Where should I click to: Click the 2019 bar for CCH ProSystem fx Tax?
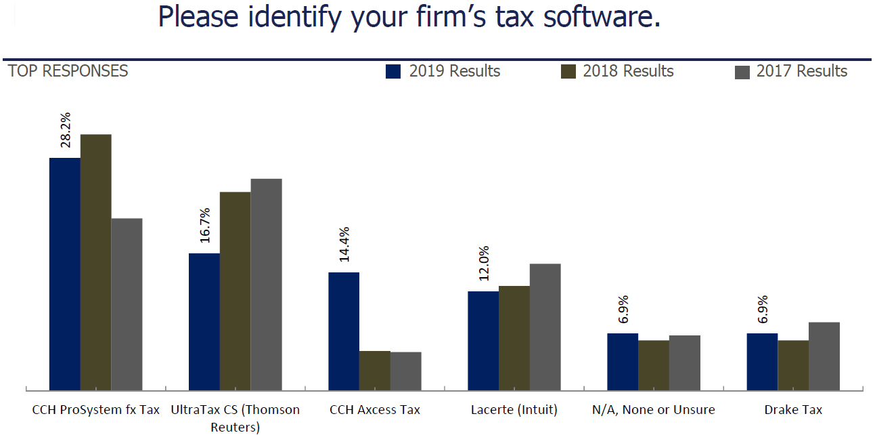tap(65, 274)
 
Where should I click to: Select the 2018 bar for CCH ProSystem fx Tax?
tap(96, 262)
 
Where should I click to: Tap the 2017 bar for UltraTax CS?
tap(266, 285)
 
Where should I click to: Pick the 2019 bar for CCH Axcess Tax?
tap(344, 331)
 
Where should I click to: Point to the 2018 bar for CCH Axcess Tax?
tap(375, 371)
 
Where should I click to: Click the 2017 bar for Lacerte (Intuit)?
tap(545, 327)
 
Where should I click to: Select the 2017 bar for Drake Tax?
tap(824, 356)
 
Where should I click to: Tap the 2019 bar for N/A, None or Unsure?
tap(623, 362)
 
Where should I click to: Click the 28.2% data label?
tap(66, 130)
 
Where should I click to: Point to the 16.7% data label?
tap(205, 225)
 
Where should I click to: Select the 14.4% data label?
tap(344, 244)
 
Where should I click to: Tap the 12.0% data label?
tap(483, 263)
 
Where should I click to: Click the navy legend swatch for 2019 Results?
tap(393, 71)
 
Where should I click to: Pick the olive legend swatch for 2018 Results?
tap(568, 71)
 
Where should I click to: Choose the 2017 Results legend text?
tap(801, 71)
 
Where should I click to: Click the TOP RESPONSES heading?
tap(68, 71)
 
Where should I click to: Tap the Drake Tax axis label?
tap(793, 410)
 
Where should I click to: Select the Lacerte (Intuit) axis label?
tap(514, 410)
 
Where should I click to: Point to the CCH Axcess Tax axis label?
tap(375, 410)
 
